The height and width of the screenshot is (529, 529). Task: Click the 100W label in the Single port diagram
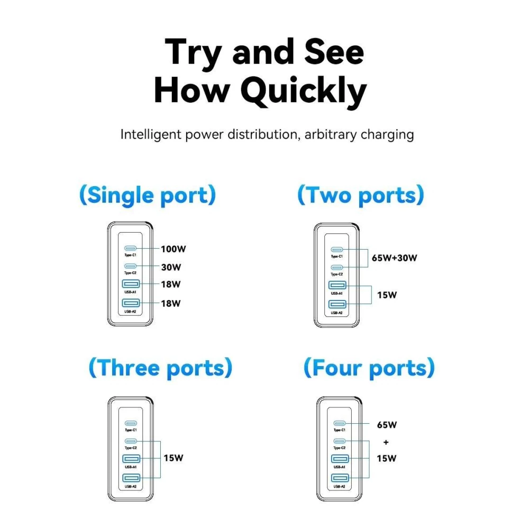[x=173, y=249]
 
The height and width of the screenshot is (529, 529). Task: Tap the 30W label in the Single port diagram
[x=171, y=267]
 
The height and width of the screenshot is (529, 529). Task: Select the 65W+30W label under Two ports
[x=395, y=258]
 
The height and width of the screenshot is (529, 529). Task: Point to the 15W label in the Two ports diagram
[x=387, y=295]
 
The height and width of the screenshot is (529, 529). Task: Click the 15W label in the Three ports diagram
[x=174, y=458]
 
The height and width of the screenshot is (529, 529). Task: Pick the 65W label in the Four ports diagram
[x=387, y=424]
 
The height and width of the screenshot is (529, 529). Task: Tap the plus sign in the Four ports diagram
[x=386, y=442]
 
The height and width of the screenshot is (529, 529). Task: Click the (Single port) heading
[x=148, y=195]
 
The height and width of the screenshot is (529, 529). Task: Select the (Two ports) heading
[x=361, y=195]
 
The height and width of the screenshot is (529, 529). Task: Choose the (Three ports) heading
[x=161, y=368]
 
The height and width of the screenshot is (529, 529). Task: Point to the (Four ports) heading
[x=369, y=368]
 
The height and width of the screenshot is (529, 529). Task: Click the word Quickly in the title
[x=304, y=91]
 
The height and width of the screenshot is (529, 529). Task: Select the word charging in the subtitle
[x=387, y=134]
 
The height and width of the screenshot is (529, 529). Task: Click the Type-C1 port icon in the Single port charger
[x=130, y=248]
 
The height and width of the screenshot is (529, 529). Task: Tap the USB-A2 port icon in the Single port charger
[x=131, y=303]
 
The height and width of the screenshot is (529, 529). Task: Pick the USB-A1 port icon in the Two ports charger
[x=338, y=285]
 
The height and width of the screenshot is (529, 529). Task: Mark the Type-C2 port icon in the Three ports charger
[x=131, y=441]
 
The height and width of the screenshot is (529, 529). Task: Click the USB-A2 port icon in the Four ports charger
[x=340, y=478]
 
